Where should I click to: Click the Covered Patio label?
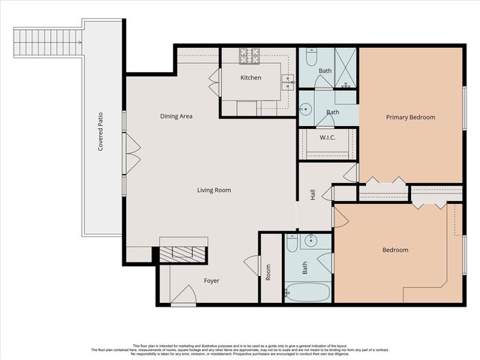pos(100,133)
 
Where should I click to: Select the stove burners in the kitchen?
pos(250,55)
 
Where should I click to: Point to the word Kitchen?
pos(250,77)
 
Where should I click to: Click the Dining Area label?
pos(177,116)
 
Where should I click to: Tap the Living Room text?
pos(214,190)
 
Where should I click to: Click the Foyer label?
pos(212,281)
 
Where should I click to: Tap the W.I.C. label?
pos(327,137)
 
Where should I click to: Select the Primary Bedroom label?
pos(410,117)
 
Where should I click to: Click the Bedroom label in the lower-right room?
pos(395,250)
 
